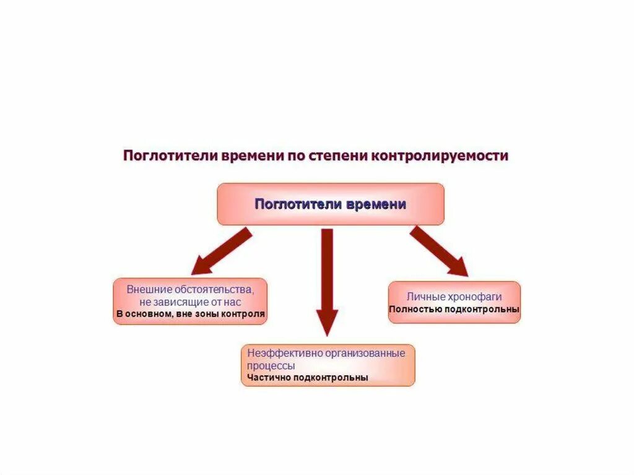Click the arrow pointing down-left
point(221,251)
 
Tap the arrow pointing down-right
point(438,251)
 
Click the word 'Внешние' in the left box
point(147,289)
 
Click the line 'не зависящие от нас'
point(190,302)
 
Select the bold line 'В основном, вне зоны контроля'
point(190,314)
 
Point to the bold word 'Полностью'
point(415,309)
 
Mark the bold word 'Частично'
point(269,377)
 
